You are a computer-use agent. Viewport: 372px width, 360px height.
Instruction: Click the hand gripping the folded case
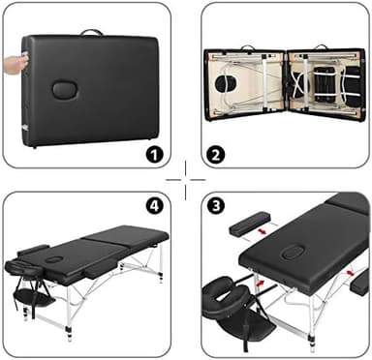click(x=11, y=64)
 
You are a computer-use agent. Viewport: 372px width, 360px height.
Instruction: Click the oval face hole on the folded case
click(x=64, y=89)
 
